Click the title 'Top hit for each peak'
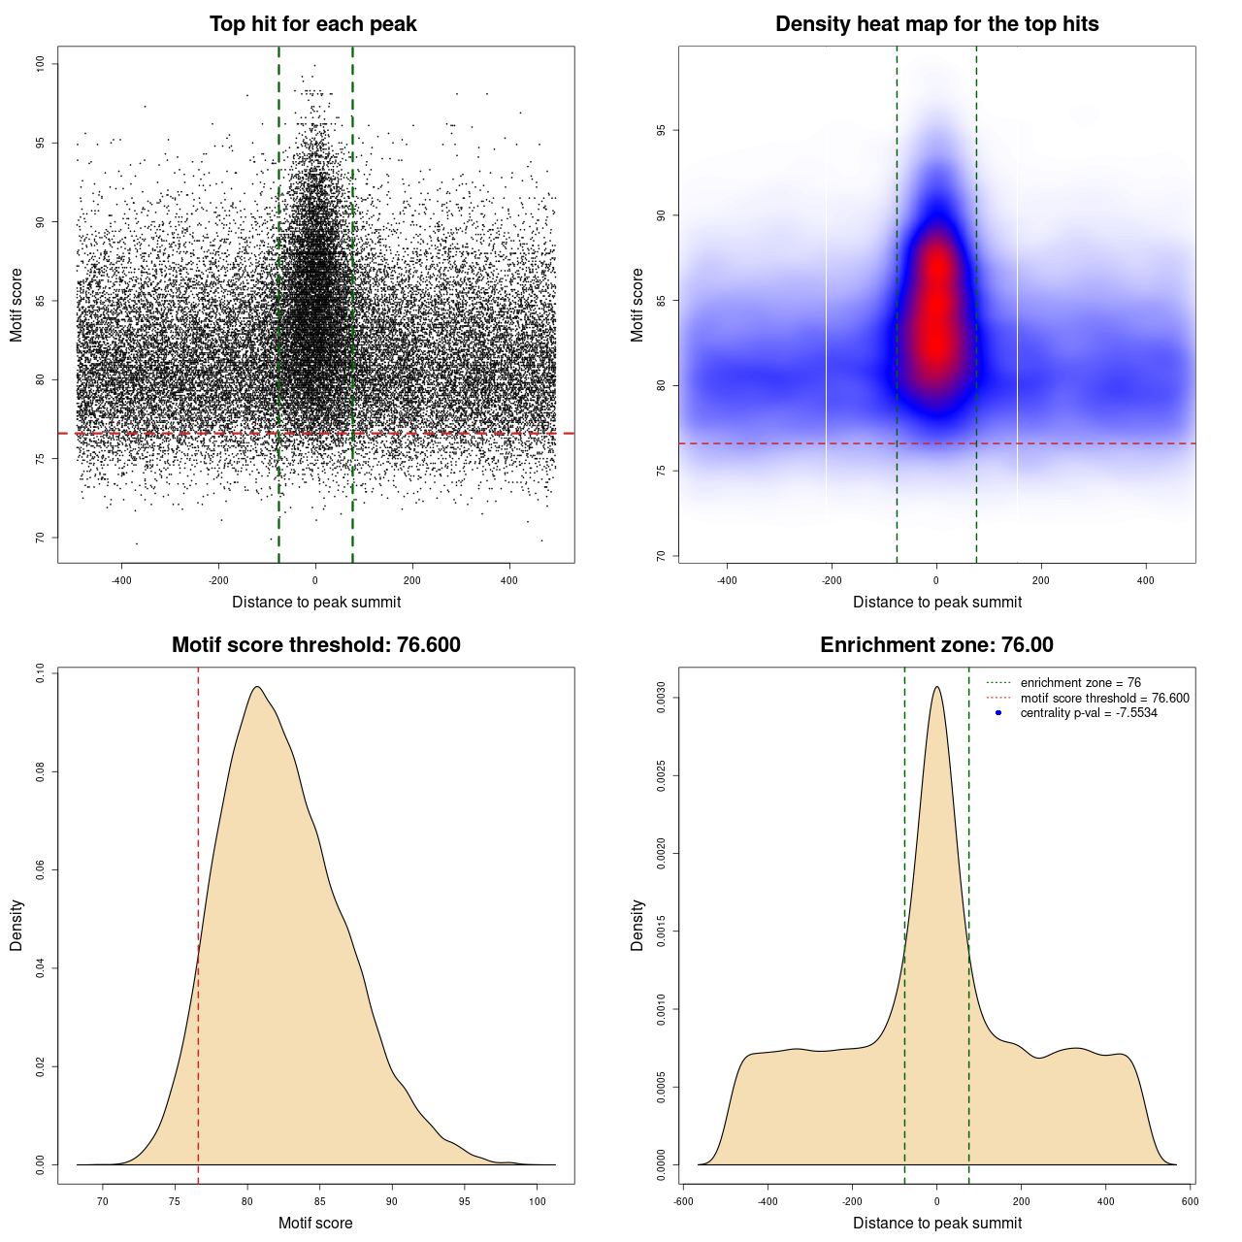pos(312,24)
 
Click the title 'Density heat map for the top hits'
pos(936,24)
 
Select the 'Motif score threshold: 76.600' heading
pos(315,645)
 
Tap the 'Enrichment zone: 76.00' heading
pos(936,645)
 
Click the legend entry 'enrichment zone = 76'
pos(1080,683)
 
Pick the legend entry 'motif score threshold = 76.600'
pos(1104,699)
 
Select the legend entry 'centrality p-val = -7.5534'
pos(1089,713)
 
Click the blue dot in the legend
pos(998,713)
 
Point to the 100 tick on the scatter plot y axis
pos(41,64)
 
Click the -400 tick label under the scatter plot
pos(121,581)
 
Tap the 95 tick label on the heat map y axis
pos(662,130)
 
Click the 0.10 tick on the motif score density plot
pos(41,673)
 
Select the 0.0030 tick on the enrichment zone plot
pos(662,698)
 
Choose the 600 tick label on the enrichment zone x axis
pos(1190,1201)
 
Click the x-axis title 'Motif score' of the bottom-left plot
pos(315,1223)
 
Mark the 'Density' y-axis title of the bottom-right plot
pos(637,925)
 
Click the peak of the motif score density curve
pos(256,687)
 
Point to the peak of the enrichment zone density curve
pos(936,687)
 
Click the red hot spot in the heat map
pos(936,310)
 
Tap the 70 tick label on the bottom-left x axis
pos(103,1201)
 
